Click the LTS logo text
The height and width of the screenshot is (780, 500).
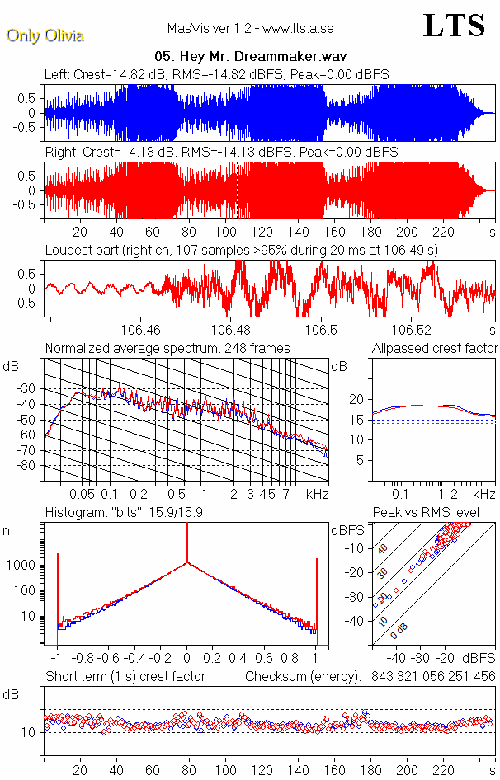pyautogui.click(x=454, y=26)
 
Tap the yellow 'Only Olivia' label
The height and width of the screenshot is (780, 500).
pyautogui.click(x=45, y=35)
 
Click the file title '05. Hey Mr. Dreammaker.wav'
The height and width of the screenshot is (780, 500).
pyautogui.click(x=250, y=57)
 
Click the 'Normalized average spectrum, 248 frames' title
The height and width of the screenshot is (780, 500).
pyautogui.click(x=167, y=349)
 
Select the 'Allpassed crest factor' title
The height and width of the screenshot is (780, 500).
pyautogui.click(x=435, y=349)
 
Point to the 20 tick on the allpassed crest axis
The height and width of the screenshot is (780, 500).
pyautogui.click(x=357, y=399)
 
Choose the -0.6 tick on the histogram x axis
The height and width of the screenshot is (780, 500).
pyautogui.click(x=106, y=660)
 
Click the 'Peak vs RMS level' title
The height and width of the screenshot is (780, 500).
pyautogui.click(x=437, y=513)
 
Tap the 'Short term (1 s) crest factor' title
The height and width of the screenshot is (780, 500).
pyautogui.click(x=125, y=677)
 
